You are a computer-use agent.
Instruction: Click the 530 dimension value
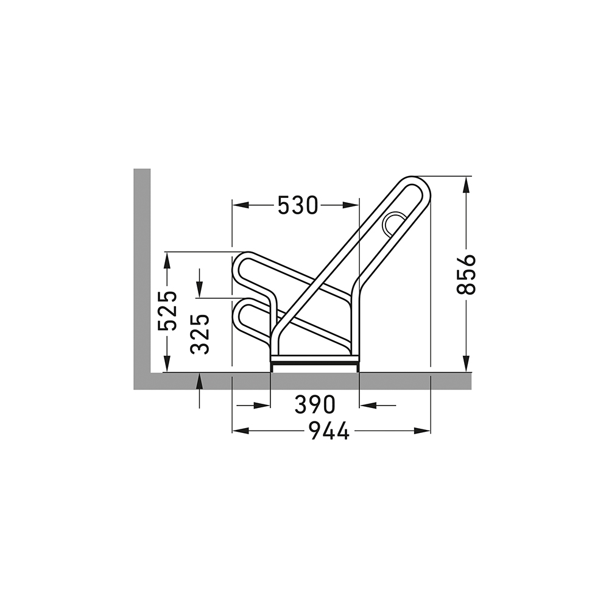pyautogui.click(x=298, y=206)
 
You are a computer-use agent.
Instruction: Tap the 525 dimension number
pyautogui.click(x=167, y=311)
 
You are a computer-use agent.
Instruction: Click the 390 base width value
pyautogui.click(x=314, y=404)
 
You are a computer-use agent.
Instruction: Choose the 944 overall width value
pyautogui.click(x=329, y=431)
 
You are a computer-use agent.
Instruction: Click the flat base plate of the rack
pyautogui.click(x=314, y=361)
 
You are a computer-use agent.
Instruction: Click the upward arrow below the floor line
pyautogui.click(x=200, y=382)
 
